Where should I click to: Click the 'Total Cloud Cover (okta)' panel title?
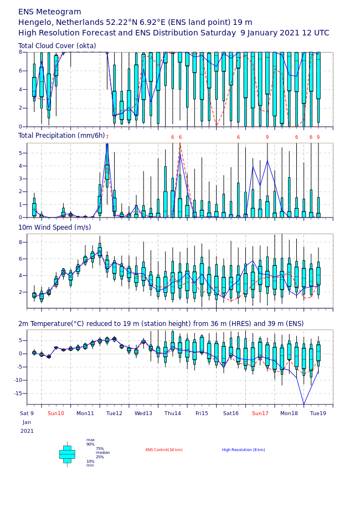click(57, 45)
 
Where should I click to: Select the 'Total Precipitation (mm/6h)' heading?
click(61, 135)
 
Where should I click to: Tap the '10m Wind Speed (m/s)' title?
click(54, 227)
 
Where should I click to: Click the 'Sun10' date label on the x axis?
click(55, 413)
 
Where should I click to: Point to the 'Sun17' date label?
click(260, 413)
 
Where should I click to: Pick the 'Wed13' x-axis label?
click(143, 413)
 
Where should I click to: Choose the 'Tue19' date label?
click(318, 413)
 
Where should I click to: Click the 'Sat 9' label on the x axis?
click(27, 413)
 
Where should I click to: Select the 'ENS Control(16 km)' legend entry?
click(164, 450)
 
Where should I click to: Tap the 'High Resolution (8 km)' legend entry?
click(243, 450)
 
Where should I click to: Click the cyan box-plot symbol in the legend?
click(67, 454)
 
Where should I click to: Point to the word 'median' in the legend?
click(102, 453)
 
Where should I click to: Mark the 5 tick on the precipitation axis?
click(20, 153)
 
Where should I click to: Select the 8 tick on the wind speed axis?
click(20, 242)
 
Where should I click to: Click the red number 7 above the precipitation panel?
click(107, 137)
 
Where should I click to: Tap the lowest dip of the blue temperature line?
click(304, 404)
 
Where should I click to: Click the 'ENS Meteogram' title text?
click(50, 12)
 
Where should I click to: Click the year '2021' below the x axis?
click(27, 431)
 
